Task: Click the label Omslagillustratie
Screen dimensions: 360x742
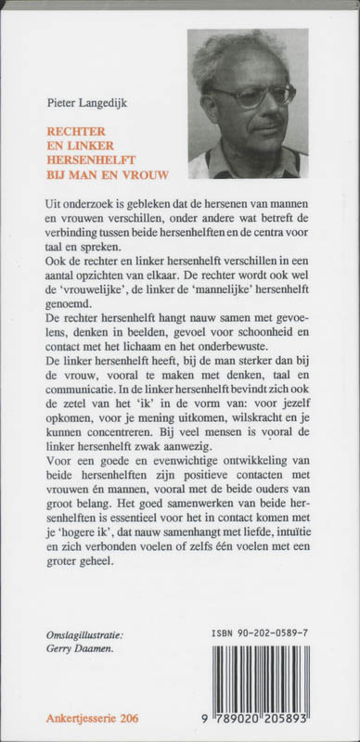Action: coord(84,635)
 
